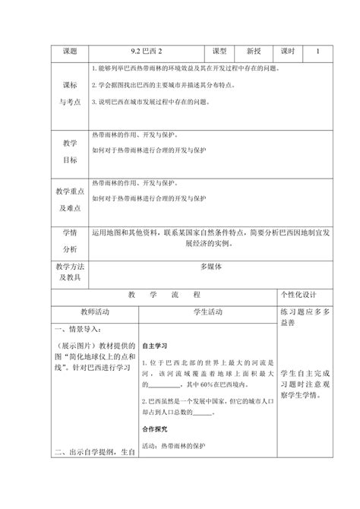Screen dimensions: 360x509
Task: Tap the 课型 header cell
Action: tap(220, 52)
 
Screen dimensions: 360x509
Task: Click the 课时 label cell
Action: tap(286, 52)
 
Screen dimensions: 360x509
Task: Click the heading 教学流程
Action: tap(163, 294)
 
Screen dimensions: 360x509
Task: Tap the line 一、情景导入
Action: tap(77, 329)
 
